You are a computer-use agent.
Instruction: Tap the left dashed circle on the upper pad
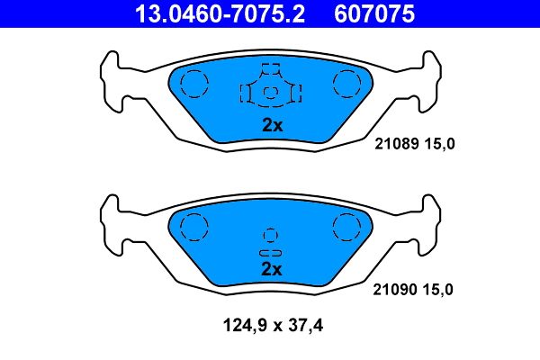[x=193, y=85]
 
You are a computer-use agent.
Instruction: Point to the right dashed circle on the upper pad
[x=346, y=85]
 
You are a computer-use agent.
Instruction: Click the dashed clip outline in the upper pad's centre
[x=271, y=90]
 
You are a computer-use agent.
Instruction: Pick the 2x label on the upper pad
[x=272, y=126]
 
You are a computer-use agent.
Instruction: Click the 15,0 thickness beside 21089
[x=438, y=144]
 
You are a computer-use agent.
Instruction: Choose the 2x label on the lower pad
[x=272, y=269]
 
